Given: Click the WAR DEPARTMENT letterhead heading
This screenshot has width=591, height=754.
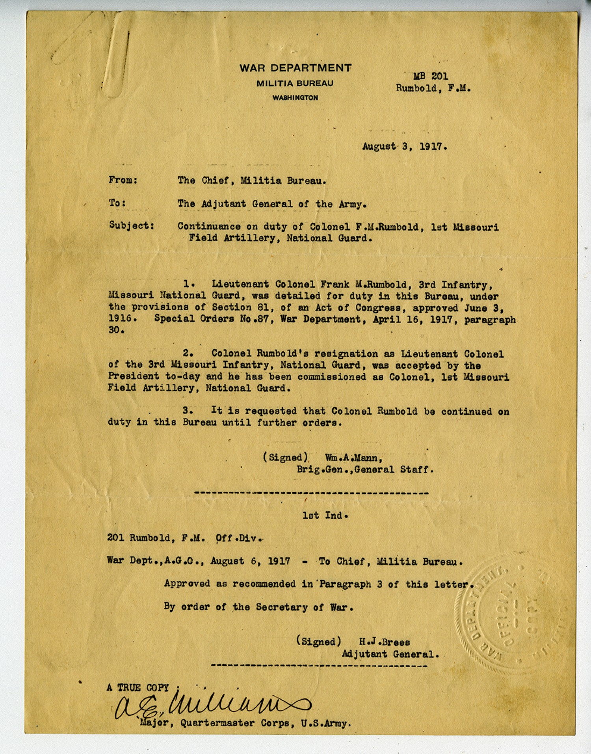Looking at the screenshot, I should tap(295, 68).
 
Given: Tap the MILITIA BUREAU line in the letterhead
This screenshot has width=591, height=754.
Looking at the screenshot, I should tap(295, 84).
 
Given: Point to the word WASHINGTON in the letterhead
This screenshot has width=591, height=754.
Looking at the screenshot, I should tap(295, 98).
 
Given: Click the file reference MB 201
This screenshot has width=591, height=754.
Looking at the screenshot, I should tap(430, 76).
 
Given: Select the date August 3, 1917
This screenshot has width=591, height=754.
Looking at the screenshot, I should tap(404, 147).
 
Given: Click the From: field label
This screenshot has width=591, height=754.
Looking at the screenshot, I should tap(123, 181).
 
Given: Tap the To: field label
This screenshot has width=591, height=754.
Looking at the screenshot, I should tap(117, 203).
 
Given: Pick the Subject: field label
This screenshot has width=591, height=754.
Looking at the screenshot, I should tap(131, 225).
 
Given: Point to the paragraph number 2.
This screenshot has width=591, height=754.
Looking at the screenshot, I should tap(188, 353).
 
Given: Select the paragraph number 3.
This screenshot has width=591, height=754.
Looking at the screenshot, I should tap(188, 411).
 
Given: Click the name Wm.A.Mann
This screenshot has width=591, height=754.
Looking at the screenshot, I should tap(353, 458).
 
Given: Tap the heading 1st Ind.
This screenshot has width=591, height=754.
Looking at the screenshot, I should tap(325, 515).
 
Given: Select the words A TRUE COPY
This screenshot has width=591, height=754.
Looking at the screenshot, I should tap(138, 688).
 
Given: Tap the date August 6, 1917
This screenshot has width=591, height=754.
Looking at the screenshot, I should tap(250, 561).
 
